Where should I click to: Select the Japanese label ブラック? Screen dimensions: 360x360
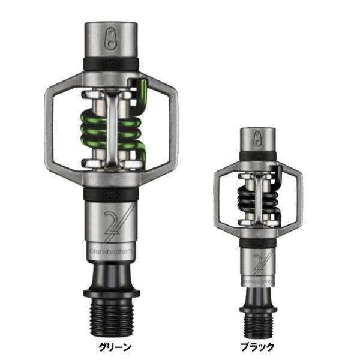pos(257,347)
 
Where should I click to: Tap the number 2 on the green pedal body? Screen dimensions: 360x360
pos(115,225)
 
